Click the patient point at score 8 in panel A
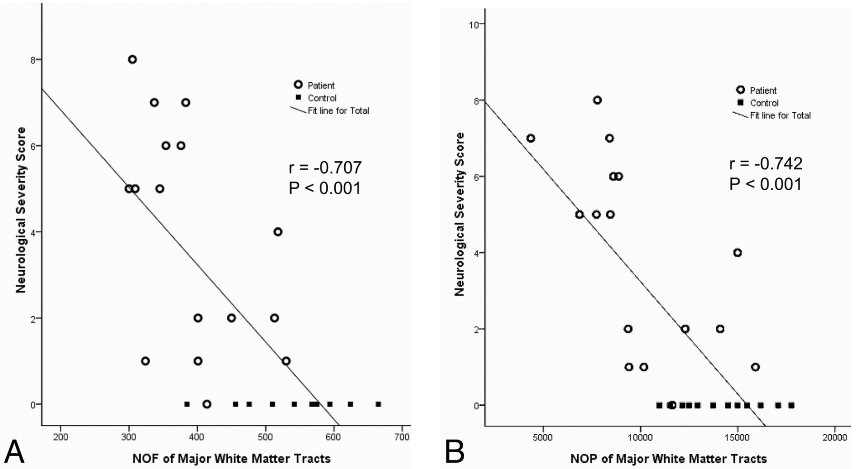click(132, 59)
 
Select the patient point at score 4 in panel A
click(278, 232)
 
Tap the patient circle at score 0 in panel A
click(206, 404)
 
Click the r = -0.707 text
click(325, 167)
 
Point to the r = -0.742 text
click(766, 164)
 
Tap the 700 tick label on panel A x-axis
click(402, 437)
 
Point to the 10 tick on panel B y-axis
click(474, 24)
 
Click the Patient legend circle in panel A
click(298, 85)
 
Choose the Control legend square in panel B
click(740, 103)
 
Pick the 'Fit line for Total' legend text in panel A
click(338, 111)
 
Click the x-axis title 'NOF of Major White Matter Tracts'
click(231, 459)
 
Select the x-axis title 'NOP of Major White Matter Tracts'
click(668, 459)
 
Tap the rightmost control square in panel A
click(378, 404)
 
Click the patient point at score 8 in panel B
click(597, 100)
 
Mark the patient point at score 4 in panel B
click(737, 253)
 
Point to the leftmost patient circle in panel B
click(531, 138)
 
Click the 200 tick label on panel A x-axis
click(60, 437)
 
